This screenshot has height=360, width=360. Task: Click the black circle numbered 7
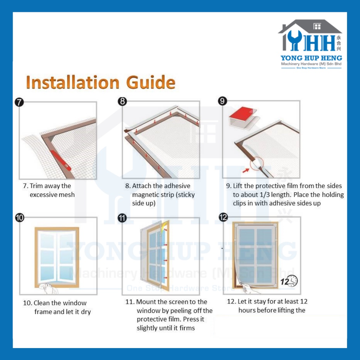pyautogui.click(x=19, y=102)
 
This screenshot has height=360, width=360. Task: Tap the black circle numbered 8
pyautogui.click(x=122, y=101)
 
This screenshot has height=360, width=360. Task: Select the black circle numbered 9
pyautogui.click(x=222, y=101)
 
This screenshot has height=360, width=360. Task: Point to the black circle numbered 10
pyautogui.click(x=20, y=217)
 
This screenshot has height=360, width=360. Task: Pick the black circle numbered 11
pyautogui.click(x=122, y=218)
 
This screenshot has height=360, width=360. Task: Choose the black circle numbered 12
pyautogui.click(x=223, y=217)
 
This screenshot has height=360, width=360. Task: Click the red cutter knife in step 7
pyautogui.click(x=60, y=160)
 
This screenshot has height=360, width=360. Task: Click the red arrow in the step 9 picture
pyautogui.click(x=246, y=171)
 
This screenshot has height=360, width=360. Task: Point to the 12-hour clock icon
pyautogui.click(x=289, y=281)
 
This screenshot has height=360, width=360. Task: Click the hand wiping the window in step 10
pyautogui.click(x=49, y=289)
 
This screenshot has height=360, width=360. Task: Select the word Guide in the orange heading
pyautogui.click(x=151, y=82)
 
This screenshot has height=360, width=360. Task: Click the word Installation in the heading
pyautogui.click(x=73, y=82)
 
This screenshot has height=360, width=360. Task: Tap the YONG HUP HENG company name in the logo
pyautogui.click(x=311, y=58)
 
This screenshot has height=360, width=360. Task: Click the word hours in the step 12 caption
pyautogui.click(x=246, y=310)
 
